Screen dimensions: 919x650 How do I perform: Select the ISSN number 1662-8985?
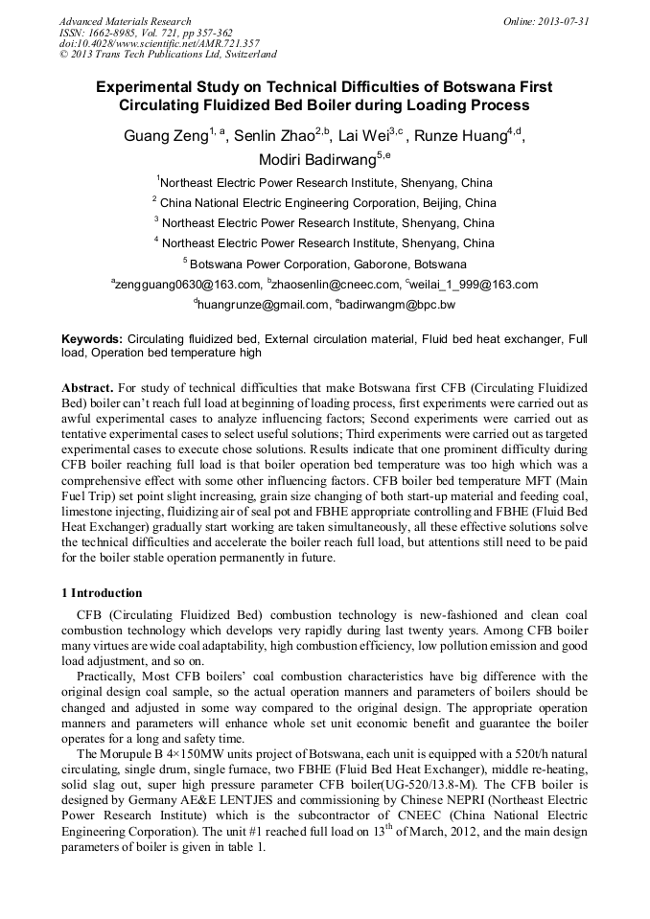click(x=106, y=33)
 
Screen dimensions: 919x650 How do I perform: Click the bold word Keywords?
click(x=92, y=339)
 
